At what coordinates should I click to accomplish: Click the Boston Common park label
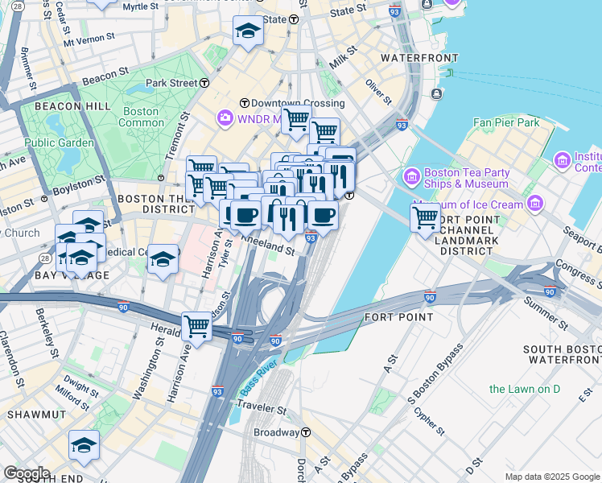coord(141,117)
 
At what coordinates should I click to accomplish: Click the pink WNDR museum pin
coord(224,118)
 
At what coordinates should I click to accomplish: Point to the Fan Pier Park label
coord(506,122)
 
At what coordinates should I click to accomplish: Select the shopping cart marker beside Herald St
coord(196,326)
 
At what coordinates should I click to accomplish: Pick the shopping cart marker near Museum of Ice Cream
coord(425,217)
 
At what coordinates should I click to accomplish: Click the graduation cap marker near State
coord(248,31)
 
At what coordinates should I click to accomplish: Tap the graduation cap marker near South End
coord(84,445)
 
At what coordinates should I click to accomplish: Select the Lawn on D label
coord(525,390)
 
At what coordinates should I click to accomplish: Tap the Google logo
coord(27,473)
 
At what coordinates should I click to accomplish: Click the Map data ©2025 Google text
coord(551,477)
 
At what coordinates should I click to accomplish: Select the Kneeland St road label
coord(267,248)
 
